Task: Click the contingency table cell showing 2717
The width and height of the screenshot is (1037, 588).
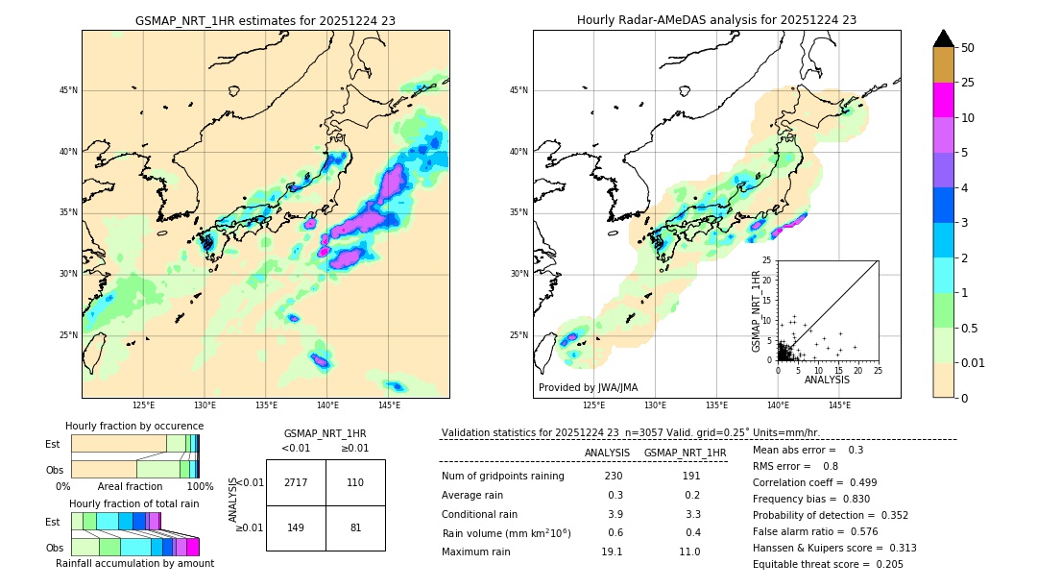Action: (296, 482)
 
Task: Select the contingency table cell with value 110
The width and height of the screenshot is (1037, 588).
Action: (355, 482)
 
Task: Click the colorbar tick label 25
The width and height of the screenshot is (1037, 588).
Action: (968, 83)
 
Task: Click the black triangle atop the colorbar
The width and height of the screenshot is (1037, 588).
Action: (944, 38)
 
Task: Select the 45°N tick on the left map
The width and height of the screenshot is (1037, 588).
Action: (68, 90)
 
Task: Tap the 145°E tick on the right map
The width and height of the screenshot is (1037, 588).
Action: (839, 405)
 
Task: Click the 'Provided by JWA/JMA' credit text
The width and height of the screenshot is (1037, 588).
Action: (588, 388)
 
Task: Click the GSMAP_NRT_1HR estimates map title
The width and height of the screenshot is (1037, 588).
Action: (265, 20)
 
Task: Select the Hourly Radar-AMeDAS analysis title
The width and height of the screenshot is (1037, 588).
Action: (716, 20)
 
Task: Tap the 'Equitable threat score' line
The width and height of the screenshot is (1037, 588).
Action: (828, 564)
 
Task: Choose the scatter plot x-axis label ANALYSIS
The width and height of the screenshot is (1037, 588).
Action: (827, 380)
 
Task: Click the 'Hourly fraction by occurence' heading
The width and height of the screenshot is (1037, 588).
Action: (134, 426)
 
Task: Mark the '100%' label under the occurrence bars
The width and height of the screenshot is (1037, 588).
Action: (200, 486)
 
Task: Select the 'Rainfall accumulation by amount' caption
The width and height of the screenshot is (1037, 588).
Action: (134, 563)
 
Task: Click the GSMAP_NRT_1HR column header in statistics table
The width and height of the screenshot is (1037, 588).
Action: (685, 453)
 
